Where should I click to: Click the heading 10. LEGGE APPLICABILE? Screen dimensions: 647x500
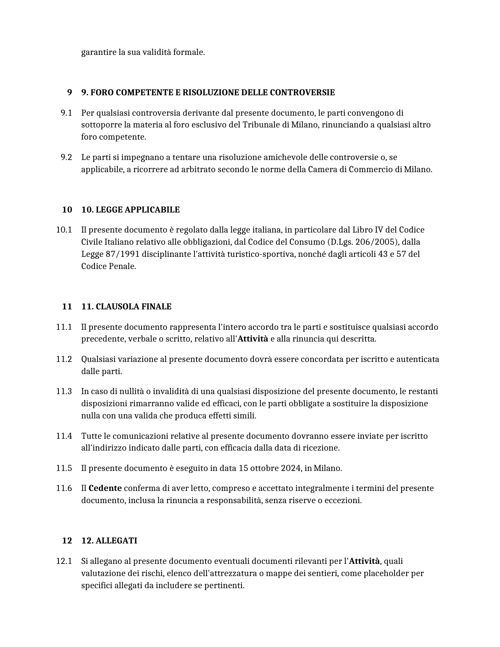(x=130, y=210)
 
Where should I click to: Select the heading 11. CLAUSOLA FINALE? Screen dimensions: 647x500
(x=126, y=307)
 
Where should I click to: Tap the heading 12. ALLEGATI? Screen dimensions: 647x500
(x=109, y=541)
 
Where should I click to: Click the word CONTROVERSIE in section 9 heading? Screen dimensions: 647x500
(x=302, y=93)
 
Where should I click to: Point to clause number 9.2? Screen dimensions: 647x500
(x=66, y=157)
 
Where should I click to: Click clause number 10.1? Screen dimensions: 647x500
(x=64, y=230)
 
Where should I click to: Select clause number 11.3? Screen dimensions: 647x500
(x=64, y=391)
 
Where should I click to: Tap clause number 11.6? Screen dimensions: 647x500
(x=64, y=488)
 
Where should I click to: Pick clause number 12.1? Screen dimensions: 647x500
(x=64, y=561)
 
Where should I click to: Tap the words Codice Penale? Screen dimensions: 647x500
(x=108, y=266)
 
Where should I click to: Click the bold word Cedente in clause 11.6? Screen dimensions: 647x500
(x=105, y=488)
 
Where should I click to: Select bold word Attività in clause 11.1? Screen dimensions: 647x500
(x=253, y=339)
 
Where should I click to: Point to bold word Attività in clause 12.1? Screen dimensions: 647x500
(x=364, y=561)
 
